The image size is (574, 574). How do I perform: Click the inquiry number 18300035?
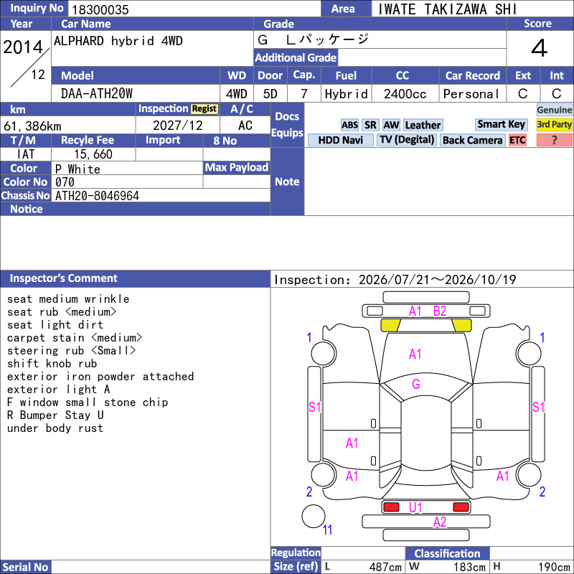pos(100,9)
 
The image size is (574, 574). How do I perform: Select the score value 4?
pos(540,48)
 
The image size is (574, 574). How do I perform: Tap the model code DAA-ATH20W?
pos(97,94)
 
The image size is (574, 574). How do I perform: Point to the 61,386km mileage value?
pos(32,126)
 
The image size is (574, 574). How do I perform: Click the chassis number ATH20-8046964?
pos(97,196)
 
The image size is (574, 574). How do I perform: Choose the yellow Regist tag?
pos(204,109)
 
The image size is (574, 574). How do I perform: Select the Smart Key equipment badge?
pos(501,124)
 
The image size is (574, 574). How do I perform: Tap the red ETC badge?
pos(517,140)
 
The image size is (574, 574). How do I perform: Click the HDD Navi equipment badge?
pos(340,140)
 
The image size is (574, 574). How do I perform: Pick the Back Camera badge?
pos(472,140)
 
